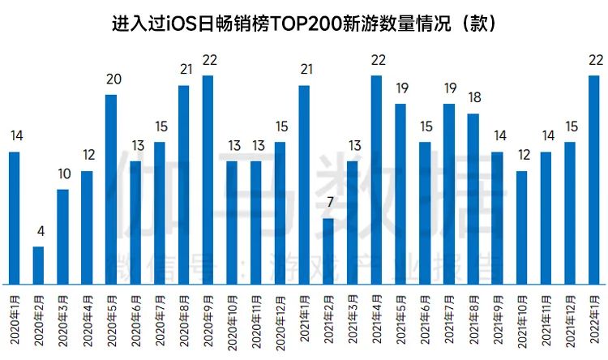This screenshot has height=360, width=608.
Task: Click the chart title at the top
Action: tap(304, 23)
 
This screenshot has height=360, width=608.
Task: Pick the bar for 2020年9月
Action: tap(208, 179)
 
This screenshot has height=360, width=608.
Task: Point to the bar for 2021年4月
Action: tap(376, 179)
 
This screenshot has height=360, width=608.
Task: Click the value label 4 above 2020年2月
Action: tap(38, 232)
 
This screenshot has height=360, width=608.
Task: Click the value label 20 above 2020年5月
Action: tap(111, 79)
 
